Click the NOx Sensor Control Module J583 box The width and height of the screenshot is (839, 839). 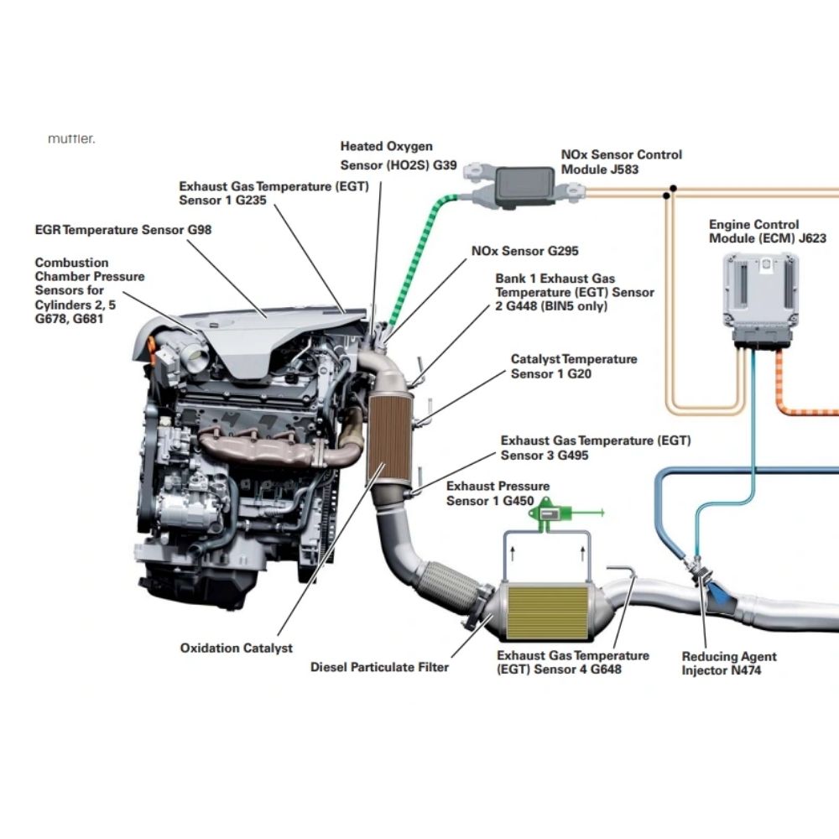tap(525, 185)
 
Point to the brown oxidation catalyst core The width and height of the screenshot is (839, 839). tap(389, 435)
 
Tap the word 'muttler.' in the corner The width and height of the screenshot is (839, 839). tap(71, 138)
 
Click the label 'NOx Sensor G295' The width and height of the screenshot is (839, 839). tap(525, 250)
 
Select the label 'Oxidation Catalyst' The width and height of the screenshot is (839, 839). tap(236, 648)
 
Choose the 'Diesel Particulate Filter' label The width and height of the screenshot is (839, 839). tap(379, 667)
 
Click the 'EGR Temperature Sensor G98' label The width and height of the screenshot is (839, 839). tap(123, 230)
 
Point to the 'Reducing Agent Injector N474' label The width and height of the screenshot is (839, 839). tap(729, 663)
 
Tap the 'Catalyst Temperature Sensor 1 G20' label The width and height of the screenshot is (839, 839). tap(574, 366)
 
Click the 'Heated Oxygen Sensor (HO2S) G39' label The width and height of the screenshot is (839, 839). tap(399, 156)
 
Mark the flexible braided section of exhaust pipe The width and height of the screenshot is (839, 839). tap(448, 586)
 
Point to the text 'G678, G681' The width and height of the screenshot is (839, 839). tap(69, 319)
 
